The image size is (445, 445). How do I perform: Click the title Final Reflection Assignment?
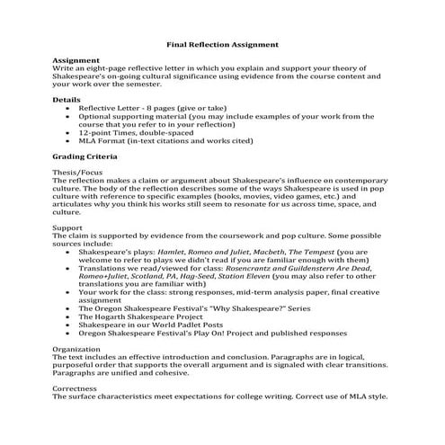click(222, 44)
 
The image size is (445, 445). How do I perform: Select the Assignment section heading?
click(75, 59)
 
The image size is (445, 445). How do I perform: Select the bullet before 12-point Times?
click(70, 133)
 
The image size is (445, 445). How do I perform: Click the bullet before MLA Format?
click(70, 142)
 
